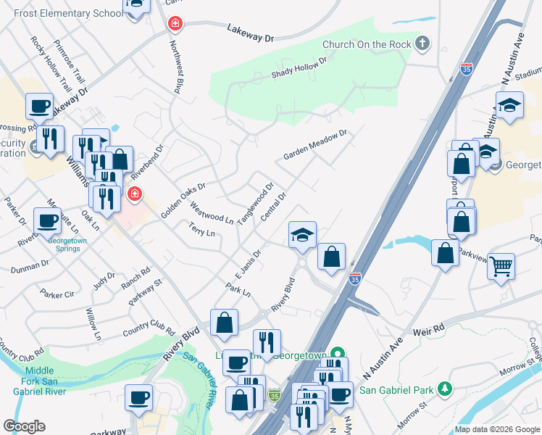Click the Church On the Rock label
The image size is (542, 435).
click(367, 44)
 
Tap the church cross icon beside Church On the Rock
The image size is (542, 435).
click(422, 44)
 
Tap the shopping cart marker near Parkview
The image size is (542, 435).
click(501, 267)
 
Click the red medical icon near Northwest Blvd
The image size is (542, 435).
click(174, 25)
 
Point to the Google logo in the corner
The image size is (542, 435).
click(24, 426)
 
